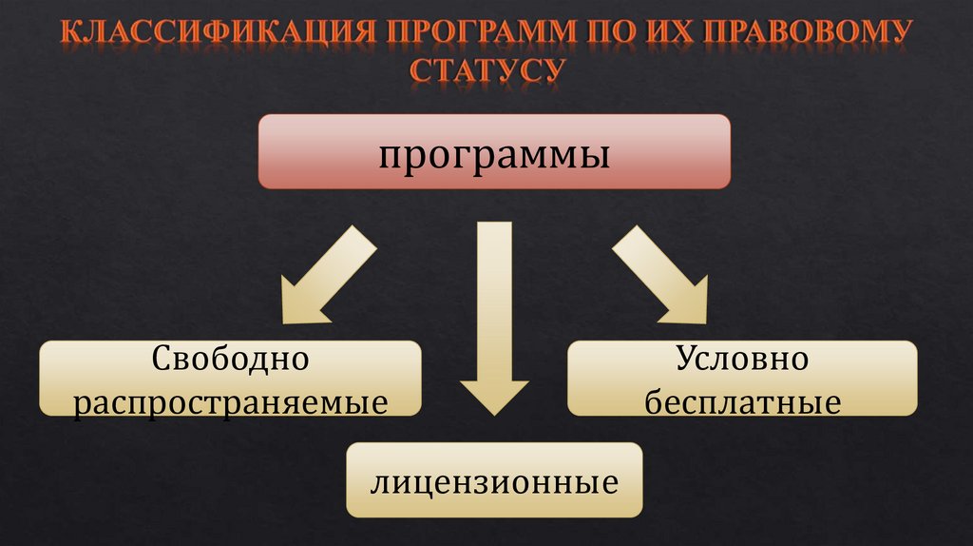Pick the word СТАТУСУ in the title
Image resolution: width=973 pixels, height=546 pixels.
click(x=486, y=71)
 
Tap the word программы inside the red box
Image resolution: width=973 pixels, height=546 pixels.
click(x=494, y=154)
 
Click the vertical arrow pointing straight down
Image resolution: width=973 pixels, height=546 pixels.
click(x=494, y=304)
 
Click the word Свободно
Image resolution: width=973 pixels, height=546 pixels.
click(x=231, y=360)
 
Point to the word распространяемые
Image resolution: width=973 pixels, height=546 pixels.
click(x=231, y=401)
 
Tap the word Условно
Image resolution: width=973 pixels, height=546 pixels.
click(x=742, y=360)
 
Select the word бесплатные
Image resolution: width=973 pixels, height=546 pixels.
click(x=742, y=401)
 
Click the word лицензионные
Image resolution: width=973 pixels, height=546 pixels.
click(x=494, y=482)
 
